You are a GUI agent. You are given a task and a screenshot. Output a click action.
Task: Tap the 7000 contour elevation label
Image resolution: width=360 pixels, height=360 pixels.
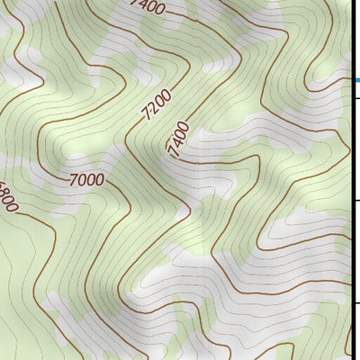point(85,180)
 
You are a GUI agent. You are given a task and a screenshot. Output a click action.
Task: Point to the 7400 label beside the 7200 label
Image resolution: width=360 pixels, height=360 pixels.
point(179,139)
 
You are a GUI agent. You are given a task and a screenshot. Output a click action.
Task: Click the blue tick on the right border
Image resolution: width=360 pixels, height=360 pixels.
point(356,81)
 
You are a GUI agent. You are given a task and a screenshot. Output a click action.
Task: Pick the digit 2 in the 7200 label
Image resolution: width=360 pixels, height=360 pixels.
point(152,114)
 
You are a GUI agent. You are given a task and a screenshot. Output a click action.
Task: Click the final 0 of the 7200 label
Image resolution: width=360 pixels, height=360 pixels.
point(163,99)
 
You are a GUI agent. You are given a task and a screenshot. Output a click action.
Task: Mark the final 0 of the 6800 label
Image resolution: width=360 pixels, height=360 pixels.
point(13,209)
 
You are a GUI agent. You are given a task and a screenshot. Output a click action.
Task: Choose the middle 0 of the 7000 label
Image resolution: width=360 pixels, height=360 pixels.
point(90,181)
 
